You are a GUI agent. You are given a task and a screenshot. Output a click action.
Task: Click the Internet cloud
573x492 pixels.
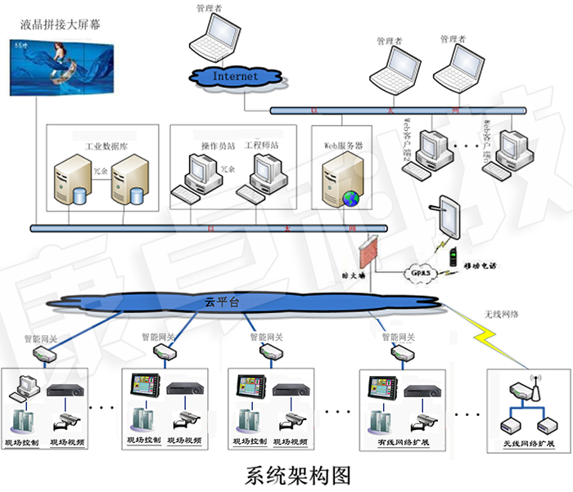[x=235, y=76]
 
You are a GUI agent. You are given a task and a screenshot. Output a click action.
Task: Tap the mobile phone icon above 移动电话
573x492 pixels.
[x=451, y=257]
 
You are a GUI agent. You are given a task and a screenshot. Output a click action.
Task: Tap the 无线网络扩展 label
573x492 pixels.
[x=524, y=444]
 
